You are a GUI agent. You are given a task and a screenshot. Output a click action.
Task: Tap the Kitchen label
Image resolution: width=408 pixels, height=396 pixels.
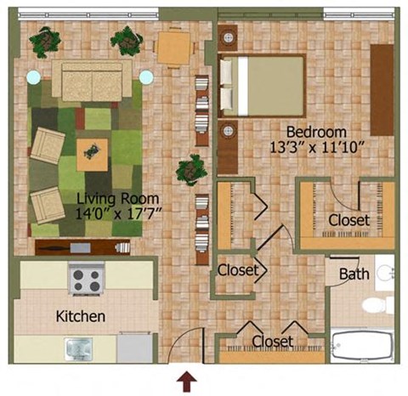pyautogui.click(x=81, y=317)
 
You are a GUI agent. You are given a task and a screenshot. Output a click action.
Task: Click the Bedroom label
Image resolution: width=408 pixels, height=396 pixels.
pyautogui.click(x=316, y=132)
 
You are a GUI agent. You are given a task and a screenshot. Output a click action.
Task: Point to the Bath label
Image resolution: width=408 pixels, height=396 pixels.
pyautogui.click(x=354, y=274)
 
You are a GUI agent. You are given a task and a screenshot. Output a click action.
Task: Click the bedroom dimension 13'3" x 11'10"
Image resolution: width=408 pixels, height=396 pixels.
pyautogui.click(x=315, y=147)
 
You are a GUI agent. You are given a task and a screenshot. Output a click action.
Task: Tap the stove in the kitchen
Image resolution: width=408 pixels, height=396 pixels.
pyautogui.click(x=86, y=278)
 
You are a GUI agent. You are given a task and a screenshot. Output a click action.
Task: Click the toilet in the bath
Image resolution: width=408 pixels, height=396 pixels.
pyautogui.click(x=374, y=305)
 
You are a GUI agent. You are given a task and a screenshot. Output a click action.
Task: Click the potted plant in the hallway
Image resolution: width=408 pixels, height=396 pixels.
pyautogui.click(x=190, y=170)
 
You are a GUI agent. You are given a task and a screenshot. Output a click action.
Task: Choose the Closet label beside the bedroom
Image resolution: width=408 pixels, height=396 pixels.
pyautogui.click(x=349, y=220)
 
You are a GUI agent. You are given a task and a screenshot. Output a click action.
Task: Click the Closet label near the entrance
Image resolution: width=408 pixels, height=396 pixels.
pyautogui.click(x=272, y=342)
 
